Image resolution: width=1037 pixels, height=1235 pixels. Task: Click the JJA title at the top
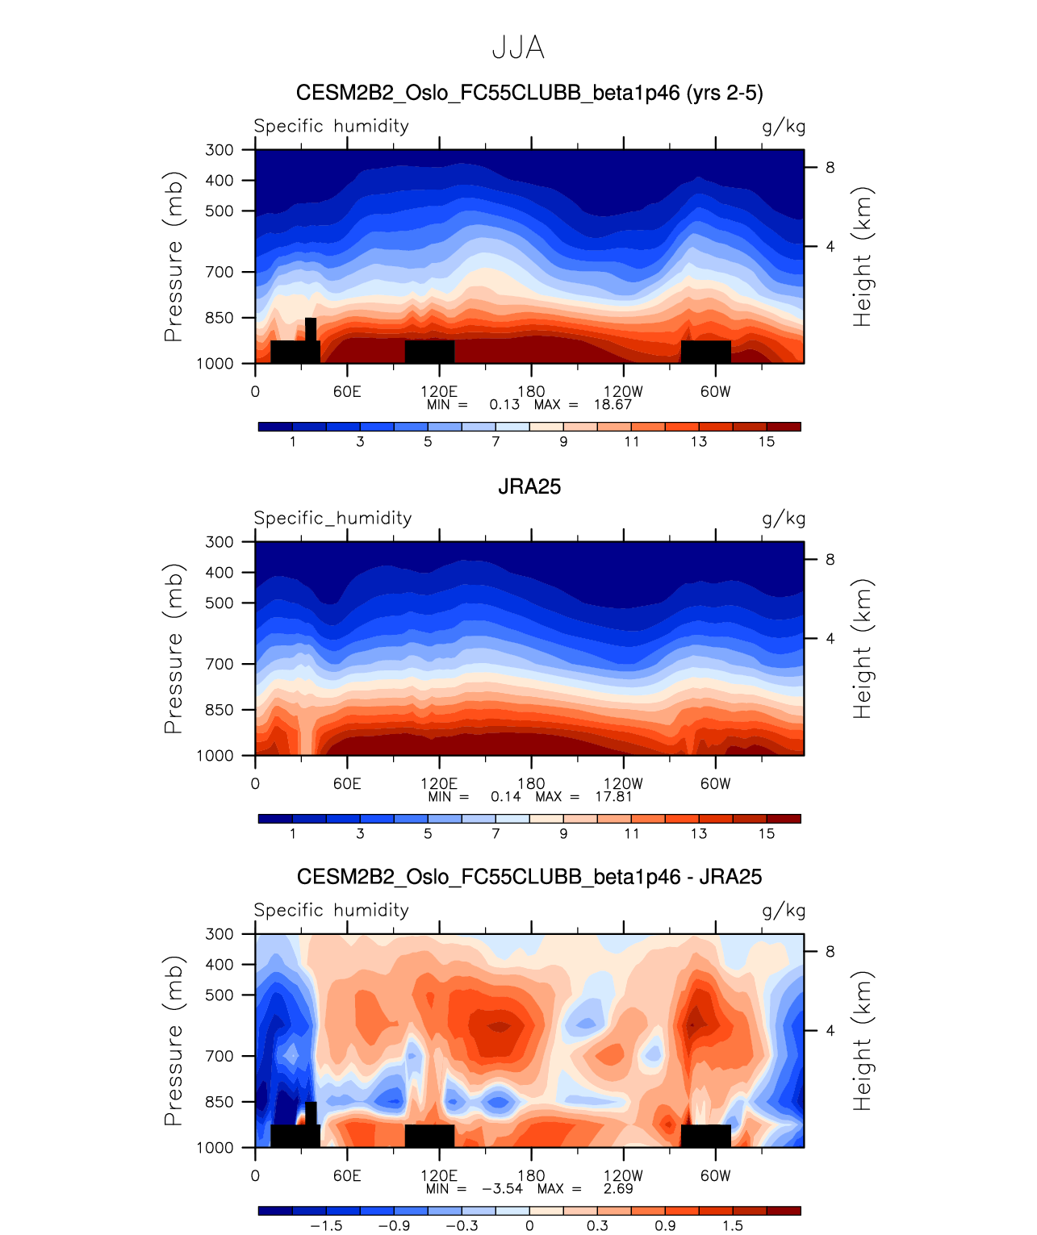click(x=518, y=48)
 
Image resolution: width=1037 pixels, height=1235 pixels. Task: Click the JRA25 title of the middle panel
click(x=529, y=486)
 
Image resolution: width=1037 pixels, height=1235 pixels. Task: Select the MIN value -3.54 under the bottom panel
click(x=502, y=1188)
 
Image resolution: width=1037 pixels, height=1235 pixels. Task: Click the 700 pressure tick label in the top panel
click(x=220, y=272)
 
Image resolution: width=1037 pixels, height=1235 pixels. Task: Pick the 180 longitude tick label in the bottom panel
click(x=531, y=1175)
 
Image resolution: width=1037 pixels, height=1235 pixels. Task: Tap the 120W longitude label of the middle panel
click(x=623, y=783)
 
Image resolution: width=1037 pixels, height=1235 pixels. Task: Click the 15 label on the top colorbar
click(x=767, y=441)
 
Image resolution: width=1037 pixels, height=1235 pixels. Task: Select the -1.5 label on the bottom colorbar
click(x=326, y=1225)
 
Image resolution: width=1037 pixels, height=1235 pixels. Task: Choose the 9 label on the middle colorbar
click(x=563, y=833)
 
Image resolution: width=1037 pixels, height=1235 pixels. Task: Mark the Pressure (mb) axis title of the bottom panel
click(x=174, y=1041)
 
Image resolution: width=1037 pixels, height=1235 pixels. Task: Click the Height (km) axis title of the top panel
click(x=863, y=257)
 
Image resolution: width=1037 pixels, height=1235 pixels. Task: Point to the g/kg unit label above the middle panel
click(x=784, y=519)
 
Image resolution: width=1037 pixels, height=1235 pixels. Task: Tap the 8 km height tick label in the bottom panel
click(x=830, y=951)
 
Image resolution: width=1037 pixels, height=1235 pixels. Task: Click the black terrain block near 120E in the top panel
click(x=429, y=352)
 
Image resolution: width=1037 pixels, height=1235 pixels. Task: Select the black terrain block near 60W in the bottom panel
click(x=705, y=1136)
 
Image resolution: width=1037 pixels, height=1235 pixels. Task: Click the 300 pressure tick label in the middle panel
click(x=220, y=541)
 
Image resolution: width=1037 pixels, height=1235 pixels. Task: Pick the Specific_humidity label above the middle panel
click(x=332, y=518)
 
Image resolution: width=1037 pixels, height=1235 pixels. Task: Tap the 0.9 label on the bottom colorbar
click(x=665, y=1225)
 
